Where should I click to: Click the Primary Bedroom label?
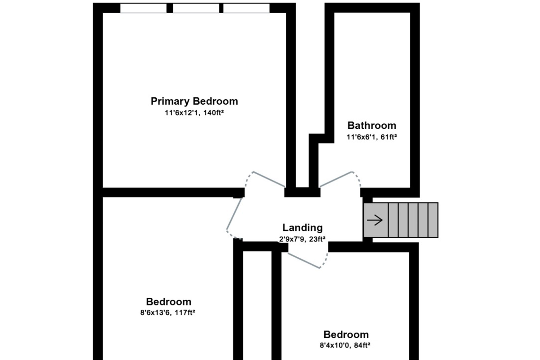(194, 101)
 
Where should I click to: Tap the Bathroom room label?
(372, 126)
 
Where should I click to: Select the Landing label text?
(302, 228)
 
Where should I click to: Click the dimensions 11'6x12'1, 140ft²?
(194, 113)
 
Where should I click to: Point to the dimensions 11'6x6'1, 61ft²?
(372, 137)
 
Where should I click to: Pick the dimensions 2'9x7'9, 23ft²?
(302, 239)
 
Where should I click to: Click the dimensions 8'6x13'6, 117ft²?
(168, 312)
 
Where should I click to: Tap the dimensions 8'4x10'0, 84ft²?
(345, 345)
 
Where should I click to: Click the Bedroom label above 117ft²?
(169, 302)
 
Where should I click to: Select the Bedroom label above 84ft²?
(346, 335)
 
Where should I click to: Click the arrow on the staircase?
(375, 220)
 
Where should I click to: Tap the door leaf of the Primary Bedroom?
(269, 179)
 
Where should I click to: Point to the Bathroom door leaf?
(336, 179)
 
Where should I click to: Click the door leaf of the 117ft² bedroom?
(234, 214)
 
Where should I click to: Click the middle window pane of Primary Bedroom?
(196, 8)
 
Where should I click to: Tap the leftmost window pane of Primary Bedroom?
(143, 8)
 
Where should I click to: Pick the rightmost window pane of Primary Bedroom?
(246, 8)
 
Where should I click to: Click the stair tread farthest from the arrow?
(433, 220)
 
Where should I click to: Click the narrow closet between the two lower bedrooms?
(257, 305)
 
